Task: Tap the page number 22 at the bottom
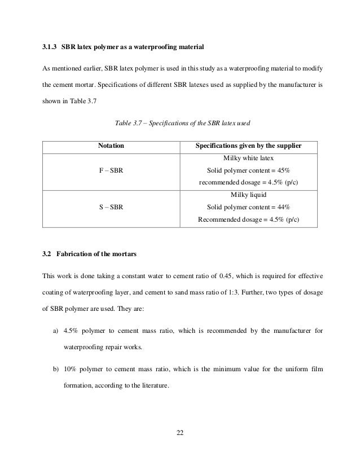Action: (180, 433)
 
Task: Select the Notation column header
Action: (111, 146)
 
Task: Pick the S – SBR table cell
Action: (111, 207)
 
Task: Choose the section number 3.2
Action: (47, 254)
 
